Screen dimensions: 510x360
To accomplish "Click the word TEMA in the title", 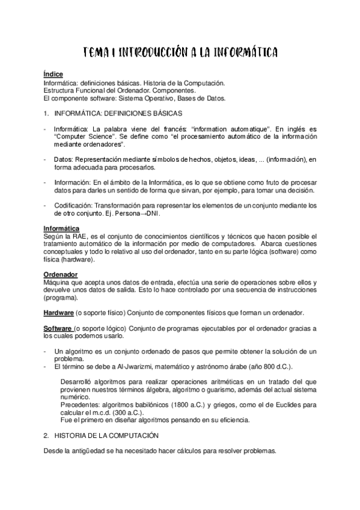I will coord(96,54).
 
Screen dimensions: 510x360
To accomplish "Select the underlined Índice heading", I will coord(53,74).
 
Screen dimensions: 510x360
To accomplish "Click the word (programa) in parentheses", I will coord(60,298).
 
